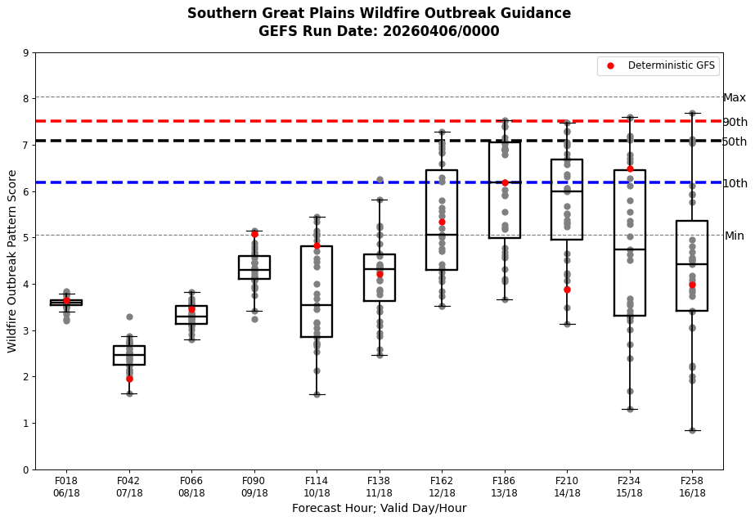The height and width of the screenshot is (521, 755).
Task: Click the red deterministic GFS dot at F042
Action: (129, 379)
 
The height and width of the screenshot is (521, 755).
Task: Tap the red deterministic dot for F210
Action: (567, 290)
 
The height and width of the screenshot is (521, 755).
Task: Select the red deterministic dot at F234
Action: (630, 169)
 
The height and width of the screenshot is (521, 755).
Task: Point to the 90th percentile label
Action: (735, 122)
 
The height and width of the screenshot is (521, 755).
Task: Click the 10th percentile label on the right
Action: (735, 183)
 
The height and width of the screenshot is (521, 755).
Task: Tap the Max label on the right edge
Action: (734, 98)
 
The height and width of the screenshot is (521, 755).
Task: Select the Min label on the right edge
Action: (734, 236)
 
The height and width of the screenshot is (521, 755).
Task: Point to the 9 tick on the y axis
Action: (26, 53)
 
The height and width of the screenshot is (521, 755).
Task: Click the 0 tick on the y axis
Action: (26, 469)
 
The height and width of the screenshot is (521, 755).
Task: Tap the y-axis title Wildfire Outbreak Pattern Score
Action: (12, 261)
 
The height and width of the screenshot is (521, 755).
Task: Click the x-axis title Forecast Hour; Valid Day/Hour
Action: (379, 509)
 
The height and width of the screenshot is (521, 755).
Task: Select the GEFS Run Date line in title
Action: (379, 32)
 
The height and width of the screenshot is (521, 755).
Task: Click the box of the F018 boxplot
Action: (66, 302)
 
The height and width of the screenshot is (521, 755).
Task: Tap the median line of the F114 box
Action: (317, 305)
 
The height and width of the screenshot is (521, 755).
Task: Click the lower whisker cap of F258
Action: (692, 430)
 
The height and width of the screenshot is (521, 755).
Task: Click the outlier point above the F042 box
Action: (129, 317)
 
